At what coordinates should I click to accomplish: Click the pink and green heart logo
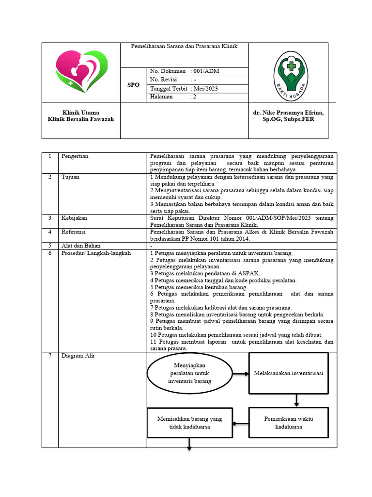[81, 72]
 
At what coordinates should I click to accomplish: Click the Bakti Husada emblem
[291, 73]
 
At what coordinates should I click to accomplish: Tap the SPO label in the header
[133, 85]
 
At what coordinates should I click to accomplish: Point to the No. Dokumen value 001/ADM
[206, 71]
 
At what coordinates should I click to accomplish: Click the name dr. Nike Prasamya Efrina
[288, 112]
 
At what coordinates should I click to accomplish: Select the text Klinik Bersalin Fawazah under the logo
[81, 119]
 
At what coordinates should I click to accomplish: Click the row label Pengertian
[75, 156]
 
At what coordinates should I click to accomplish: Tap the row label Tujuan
[70, 177]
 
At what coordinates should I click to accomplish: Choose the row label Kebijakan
[74, 218]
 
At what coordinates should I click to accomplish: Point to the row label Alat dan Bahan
[77, 246]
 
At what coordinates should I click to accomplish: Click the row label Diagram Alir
[78, 356]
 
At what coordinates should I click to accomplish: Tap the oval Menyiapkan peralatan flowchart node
[189, 373]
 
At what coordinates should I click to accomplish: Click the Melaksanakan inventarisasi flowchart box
[288, 373]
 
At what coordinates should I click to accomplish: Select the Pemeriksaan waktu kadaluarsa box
[288, 422]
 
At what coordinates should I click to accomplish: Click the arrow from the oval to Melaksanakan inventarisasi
[241, 373]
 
